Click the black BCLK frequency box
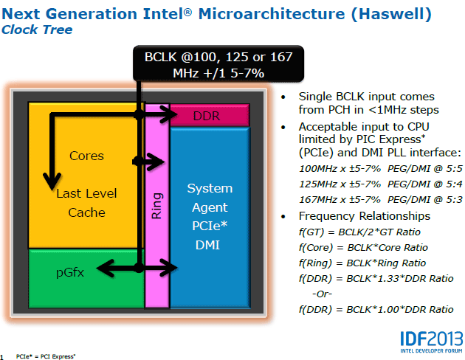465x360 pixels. [x=218, y=63]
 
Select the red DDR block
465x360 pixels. [x=210, y=116]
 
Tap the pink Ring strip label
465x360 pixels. [x=156, y=206]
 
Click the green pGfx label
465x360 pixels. [x=70, y=273]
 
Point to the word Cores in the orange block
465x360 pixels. [x=86, y=156]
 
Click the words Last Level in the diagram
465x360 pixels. [x=86, y=193]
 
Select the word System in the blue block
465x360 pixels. [x=210, y=188]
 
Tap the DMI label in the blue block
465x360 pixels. [x=207, y=245]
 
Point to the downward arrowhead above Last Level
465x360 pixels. [x=52, y=181]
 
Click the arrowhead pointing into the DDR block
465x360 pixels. [x=169, y=114]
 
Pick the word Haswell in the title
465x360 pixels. [x=391, y=14]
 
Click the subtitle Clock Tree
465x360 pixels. [x=37, y=30]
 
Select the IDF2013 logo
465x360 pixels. [x=432, y=342]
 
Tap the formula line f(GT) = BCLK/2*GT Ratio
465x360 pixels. [x=359, y=232]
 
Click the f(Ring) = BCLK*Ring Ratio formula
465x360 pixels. [x=362, y=263]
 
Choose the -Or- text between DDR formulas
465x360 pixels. [x=322, y=294]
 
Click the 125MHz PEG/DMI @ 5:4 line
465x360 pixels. [x=380, y=184]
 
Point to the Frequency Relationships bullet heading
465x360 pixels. [x=365, y=216]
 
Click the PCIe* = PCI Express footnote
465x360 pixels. [x=46, y=356]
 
